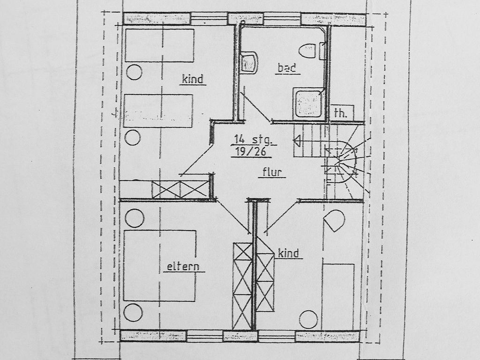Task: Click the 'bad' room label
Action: tap(287, 67)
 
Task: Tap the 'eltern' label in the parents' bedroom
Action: tap(183, 266)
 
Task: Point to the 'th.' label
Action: tap(341, 113)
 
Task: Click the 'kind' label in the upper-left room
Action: tap(192, 79)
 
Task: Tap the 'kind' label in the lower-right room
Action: tap(288, 253)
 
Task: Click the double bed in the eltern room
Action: tap(159, 265)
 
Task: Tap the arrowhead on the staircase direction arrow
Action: tap(296, 141)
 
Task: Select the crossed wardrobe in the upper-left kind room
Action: tap(180, 189)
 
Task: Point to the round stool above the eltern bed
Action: tap(135, 218)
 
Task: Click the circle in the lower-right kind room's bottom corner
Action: tap(308, 320)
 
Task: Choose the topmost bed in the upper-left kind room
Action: tap(159, 45)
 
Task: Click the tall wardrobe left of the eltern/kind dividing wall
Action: tap(242, 286)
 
